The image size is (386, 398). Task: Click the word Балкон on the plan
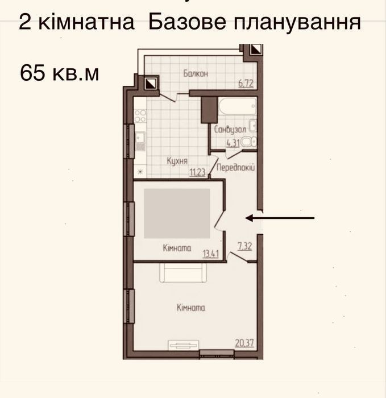[196, 73]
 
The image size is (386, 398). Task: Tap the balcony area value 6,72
[246, 83]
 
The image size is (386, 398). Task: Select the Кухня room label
[177, 161]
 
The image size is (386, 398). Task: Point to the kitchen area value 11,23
[197, 173]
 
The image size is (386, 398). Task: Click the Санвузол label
[230, 130]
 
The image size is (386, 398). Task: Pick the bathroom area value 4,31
[233, 143]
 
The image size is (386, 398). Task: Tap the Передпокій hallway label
[235, 168]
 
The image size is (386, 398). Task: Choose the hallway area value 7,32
[244, 246]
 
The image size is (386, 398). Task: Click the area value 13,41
[211, 254]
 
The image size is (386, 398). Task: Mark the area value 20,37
[244, 343]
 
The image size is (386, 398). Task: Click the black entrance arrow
[280, 218]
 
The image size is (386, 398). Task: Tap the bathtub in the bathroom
[238, 107]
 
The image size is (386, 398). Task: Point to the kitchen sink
[140, 141]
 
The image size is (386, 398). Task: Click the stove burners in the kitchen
[140, 116]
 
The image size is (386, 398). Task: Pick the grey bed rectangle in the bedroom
[177, 213]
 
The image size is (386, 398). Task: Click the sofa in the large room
[182, 272]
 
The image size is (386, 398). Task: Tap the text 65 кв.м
[59, 73]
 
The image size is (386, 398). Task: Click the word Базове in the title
[187, 22]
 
